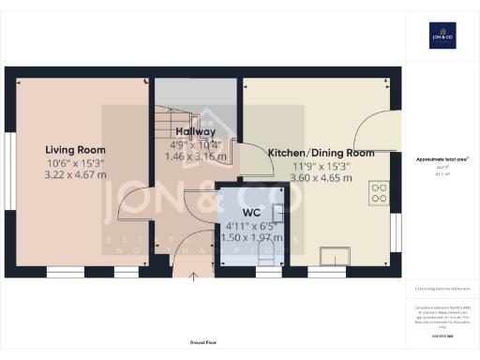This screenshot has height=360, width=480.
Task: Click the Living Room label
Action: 75,149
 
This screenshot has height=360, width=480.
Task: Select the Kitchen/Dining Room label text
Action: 321,153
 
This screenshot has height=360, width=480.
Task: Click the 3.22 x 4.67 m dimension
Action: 76,174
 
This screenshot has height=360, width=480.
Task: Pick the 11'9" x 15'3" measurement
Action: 321,166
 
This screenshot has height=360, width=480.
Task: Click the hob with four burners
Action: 381,193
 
